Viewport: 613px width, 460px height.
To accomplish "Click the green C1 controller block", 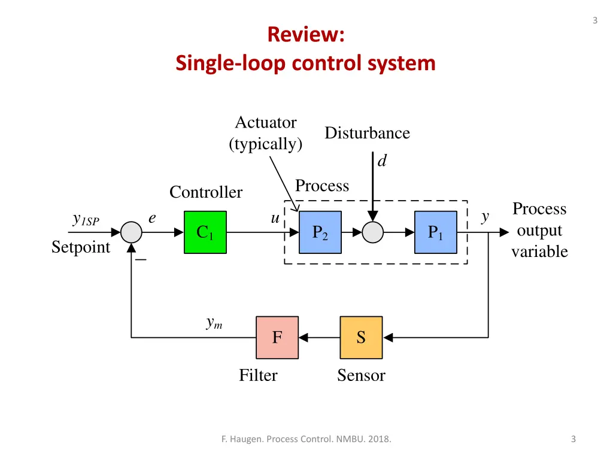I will coord(205,232).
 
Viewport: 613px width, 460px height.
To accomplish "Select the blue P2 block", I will coord(320,232).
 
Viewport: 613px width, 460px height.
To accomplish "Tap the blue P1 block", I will coord(435,232).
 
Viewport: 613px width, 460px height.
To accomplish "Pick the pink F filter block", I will coord(277,338).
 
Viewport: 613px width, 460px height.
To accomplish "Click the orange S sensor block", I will coord(361,338).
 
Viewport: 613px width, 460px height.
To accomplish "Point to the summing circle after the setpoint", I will coord(131,232).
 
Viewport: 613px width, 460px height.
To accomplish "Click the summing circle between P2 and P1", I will coord(373,232).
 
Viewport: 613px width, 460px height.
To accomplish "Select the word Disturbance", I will coord(367,133).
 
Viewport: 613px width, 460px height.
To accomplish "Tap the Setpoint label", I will coord(81,247).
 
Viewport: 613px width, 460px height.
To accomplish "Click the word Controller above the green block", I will coord(206,192).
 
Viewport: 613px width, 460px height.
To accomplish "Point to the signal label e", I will coord(153,219).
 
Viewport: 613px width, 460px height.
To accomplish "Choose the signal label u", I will coord(275,219).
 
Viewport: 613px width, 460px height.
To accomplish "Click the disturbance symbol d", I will coord(382,161).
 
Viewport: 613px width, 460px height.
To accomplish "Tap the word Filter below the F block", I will coord(258,376).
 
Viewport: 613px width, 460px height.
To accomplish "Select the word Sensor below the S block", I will coord(361,376).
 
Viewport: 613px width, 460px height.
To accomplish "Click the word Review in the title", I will coord(305,34).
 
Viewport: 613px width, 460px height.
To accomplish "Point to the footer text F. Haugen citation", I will coord(306,439).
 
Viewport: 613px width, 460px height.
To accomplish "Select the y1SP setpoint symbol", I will coord(85,220).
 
